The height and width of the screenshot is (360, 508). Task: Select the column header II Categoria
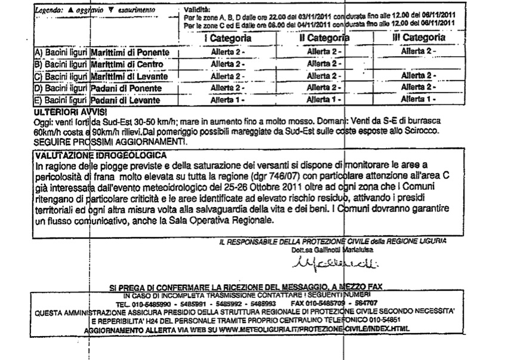325,38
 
